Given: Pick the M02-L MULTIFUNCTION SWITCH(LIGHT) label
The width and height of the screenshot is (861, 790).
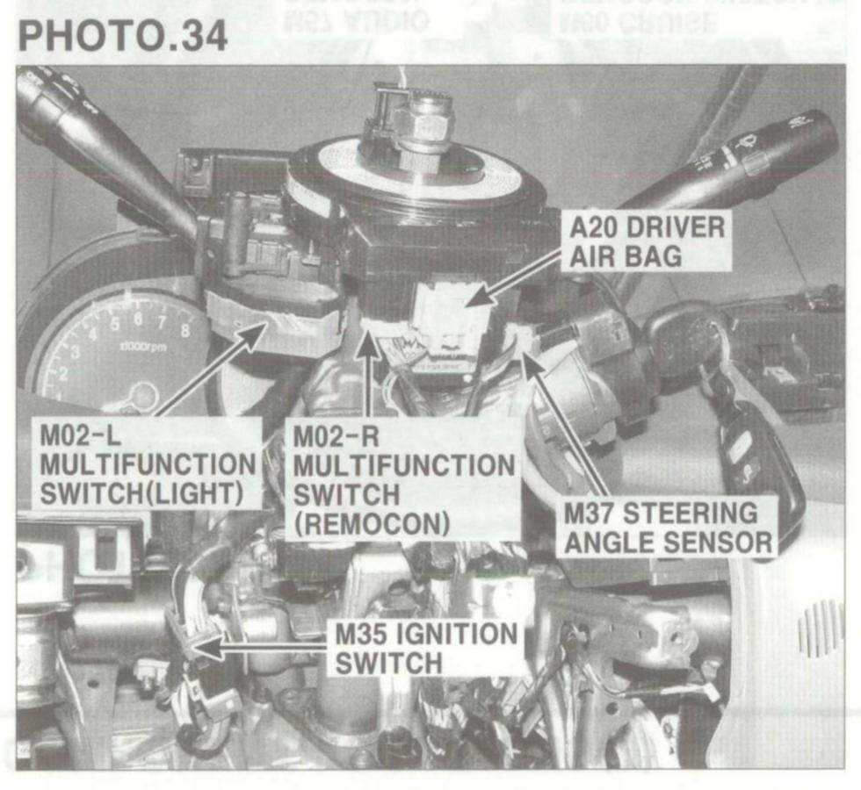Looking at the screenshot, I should click(148, 463).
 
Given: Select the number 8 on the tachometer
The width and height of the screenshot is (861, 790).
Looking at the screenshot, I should click(185, 332).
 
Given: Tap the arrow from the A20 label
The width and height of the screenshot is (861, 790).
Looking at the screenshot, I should click(518, 280).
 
